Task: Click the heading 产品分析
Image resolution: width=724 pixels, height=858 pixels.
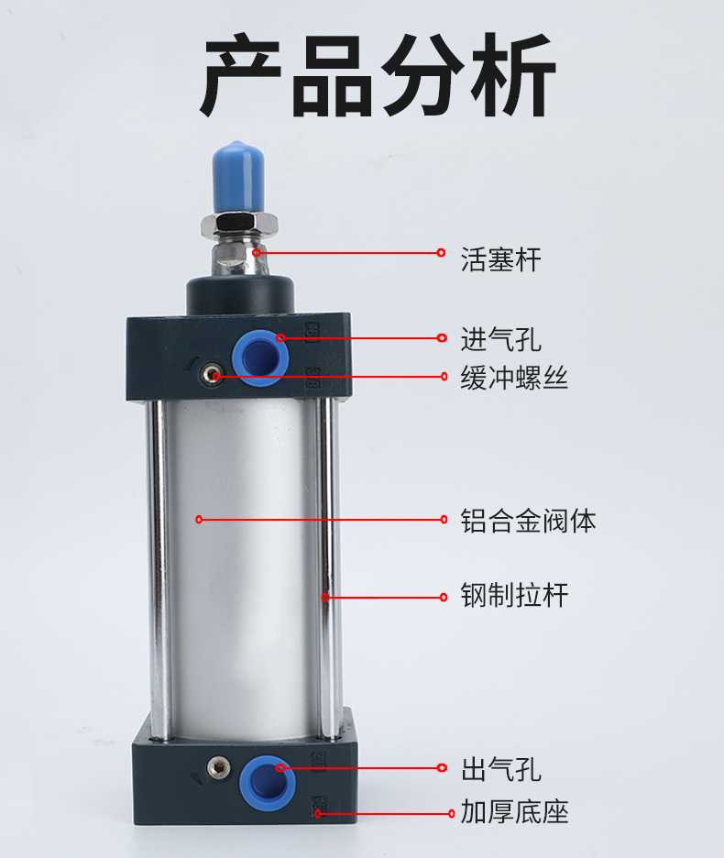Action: click(x=377, y=77)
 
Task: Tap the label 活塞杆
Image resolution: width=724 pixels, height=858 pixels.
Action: click(x=500, y=260)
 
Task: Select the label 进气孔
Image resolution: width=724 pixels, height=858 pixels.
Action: click(x=500, y=340)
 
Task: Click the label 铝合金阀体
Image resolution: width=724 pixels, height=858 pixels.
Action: click(x=528, y=522)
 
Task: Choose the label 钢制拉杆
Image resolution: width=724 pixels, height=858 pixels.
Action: click(x=514, y=596)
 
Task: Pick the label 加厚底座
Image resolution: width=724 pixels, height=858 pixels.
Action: click(x=514, y=812)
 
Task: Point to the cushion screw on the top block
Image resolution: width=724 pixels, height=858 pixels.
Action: click(x=214, y=375)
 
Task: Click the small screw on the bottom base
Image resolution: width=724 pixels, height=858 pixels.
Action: click(x=217, y=764)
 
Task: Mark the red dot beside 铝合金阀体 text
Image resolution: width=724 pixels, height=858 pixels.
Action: click(x=442, y=520)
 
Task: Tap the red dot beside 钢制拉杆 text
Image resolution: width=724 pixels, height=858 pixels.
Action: click(x=442, y=598)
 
